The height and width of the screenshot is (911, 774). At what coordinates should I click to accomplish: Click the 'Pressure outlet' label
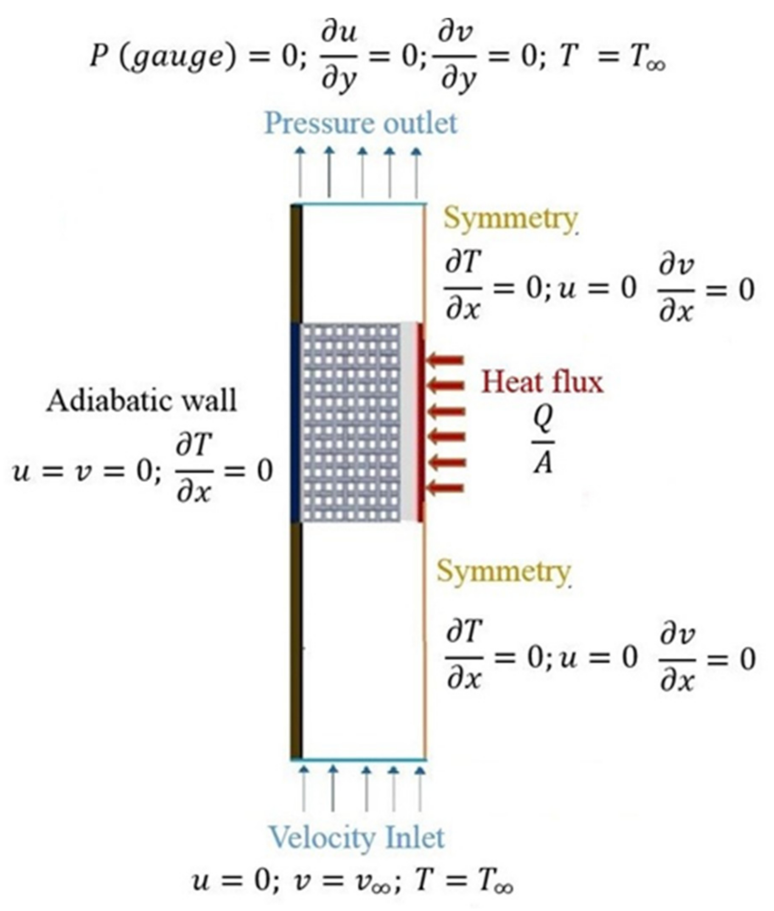[361, 124]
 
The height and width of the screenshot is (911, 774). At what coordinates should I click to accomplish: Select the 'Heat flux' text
[542, 382]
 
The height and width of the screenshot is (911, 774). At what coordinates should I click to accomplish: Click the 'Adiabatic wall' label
[141, 401]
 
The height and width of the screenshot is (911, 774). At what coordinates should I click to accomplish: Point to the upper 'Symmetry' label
[510, 219]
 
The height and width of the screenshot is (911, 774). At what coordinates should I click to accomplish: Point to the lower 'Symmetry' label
[503, 572]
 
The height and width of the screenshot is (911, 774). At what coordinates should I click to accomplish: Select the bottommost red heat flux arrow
[446, 488]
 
